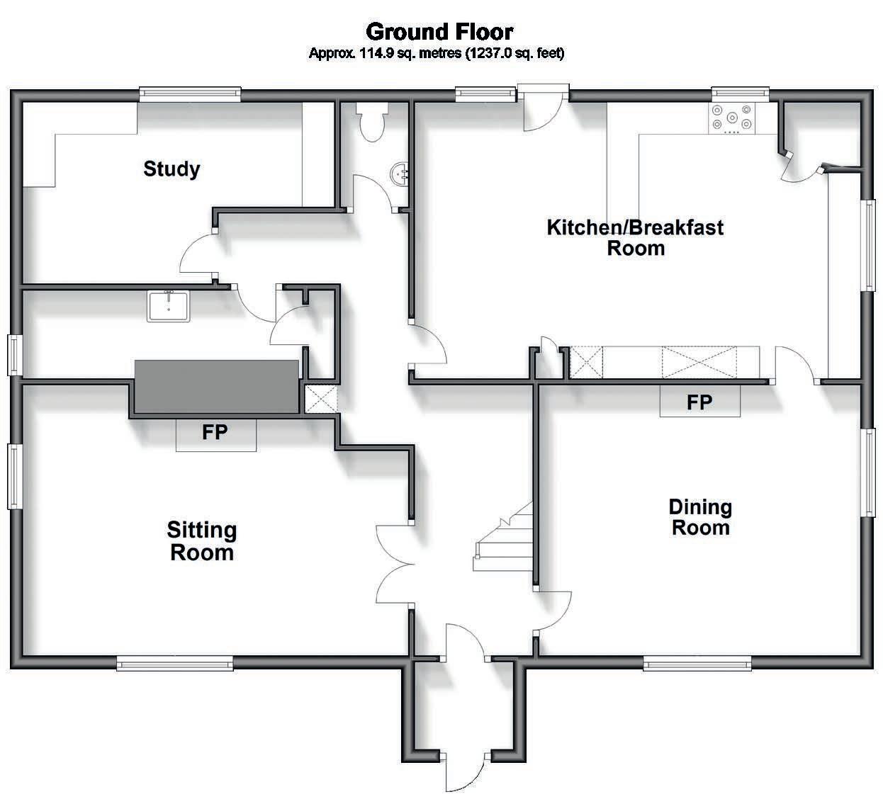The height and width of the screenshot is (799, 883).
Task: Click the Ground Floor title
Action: tap(439, 31)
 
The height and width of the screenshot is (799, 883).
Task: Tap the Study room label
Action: tap(171, 169)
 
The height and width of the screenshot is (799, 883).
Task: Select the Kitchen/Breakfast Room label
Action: tap(635, 237)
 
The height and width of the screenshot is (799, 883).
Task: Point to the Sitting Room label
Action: tap(202, 540)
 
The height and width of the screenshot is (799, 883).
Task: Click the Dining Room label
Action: tap(700, 516)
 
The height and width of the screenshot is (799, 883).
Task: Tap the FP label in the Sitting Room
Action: tap(215, 432)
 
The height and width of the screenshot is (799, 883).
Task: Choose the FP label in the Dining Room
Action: tap(699, 402)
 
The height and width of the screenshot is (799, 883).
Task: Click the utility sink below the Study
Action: tap(169, 306)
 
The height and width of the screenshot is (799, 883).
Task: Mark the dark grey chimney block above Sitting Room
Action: tap(217, 386)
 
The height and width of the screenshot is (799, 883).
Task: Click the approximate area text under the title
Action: tap(437, 53)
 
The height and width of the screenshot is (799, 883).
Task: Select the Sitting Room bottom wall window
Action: tap(174, 663)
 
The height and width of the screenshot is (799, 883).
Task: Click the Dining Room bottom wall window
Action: tap(697, 663)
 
